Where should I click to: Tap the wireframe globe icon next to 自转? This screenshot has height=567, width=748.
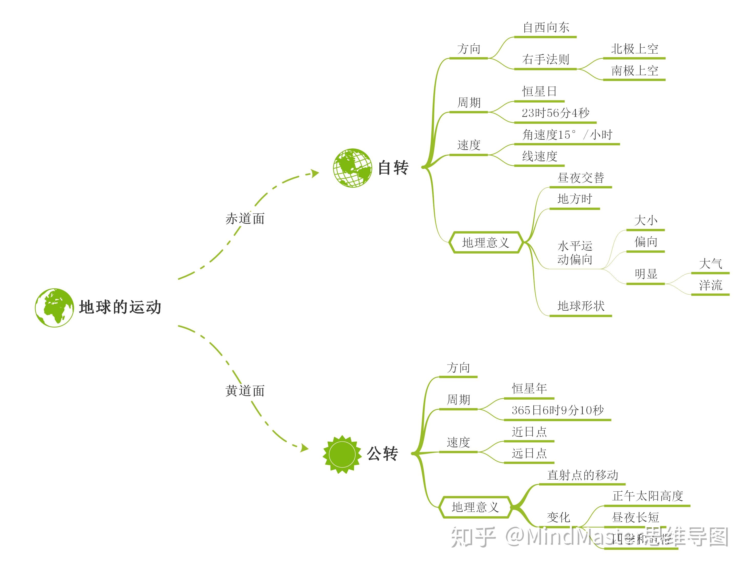(x=352, y=168)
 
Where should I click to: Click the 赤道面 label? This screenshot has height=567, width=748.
(x=245, y=219)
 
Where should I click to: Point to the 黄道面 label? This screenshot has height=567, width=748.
(x=245, y=391)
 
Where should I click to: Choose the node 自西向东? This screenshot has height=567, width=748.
(x=546, y=27)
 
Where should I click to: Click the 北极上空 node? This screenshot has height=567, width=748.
(x=634, y=49)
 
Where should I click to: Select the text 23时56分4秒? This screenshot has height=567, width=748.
(x=555, y=113)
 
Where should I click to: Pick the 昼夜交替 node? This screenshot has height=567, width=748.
(x=581, y=178)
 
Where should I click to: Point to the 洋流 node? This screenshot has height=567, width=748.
(x=710, y=285)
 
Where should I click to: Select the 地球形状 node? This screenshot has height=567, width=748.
(x=581, y=306)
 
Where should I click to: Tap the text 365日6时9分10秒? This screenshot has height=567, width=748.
(x=557, y=410)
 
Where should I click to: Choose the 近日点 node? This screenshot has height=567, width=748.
(x=529, y=432)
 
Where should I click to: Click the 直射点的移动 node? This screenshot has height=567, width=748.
(x=582, y=475)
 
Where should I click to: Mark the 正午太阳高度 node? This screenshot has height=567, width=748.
(x=647, y=496)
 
